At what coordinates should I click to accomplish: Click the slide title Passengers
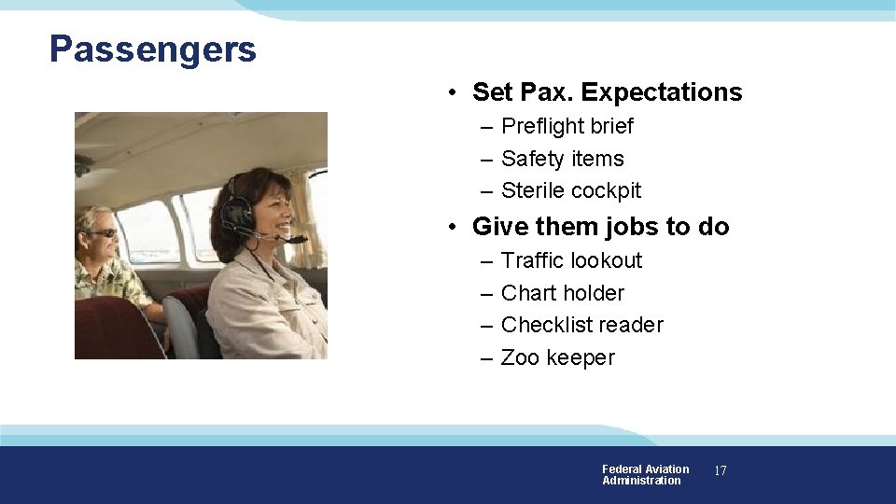(153, 49)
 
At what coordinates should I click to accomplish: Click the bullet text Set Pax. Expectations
(607, 92)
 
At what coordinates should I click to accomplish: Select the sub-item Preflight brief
(567, 126)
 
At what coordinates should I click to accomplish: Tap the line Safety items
(562, 159)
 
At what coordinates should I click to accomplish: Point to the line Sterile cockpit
(571, 190)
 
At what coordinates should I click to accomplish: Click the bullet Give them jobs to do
(600, 227)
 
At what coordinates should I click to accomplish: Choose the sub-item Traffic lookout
(571, 260)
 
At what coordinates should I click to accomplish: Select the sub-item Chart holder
(562, 293)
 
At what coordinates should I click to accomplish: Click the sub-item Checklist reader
(581, 325)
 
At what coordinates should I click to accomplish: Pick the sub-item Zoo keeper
(557, 357)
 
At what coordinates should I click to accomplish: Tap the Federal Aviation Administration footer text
(645, 475)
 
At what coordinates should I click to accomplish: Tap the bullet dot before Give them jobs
(451, 228)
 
